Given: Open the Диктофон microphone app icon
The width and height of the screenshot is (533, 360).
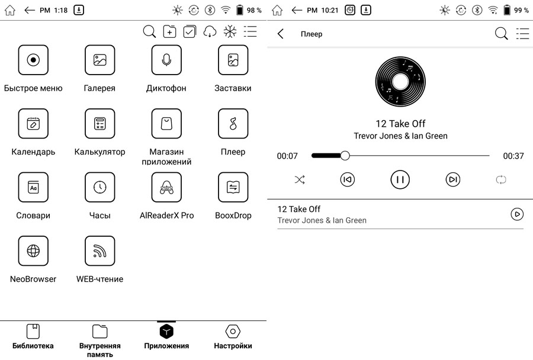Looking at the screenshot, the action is point(166,60).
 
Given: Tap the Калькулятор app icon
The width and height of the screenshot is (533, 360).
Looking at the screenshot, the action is point(99,123).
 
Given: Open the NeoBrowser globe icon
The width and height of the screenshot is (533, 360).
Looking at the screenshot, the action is point(33,250).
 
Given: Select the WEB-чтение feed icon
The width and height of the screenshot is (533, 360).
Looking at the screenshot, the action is point(99,250).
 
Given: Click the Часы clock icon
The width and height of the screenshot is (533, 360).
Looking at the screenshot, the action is point(99,187).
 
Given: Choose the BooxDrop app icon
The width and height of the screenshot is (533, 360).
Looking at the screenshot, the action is point(233,187).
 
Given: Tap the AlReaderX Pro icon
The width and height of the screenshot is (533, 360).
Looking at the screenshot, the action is point(166,187).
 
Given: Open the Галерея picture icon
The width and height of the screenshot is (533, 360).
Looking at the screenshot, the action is point(99,60).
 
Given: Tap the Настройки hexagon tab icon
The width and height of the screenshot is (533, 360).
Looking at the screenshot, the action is point(233,331).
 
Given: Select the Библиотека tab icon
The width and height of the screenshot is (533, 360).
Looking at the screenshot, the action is point(33,331).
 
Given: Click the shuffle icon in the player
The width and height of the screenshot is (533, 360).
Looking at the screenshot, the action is point(300,179).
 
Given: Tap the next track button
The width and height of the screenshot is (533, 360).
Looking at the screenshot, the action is point(453,179).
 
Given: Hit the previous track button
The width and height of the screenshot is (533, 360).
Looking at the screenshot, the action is point(348,179).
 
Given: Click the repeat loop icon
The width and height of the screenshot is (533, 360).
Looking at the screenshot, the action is point(500,179).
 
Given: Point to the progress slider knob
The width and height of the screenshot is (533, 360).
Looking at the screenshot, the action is point(345,156).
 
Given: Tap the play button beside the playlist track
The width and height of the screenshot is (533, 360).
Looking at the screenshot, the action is point(517,214).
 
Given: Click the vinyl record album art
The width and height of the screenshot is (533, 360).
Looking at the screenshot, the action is point(400,82).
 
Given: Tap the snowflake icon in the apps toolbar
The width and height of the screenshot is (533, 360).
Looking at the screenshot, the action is point(230,31).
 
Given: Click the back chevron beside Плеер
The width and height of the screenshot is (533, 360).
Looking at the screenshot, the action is point(281,34).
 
